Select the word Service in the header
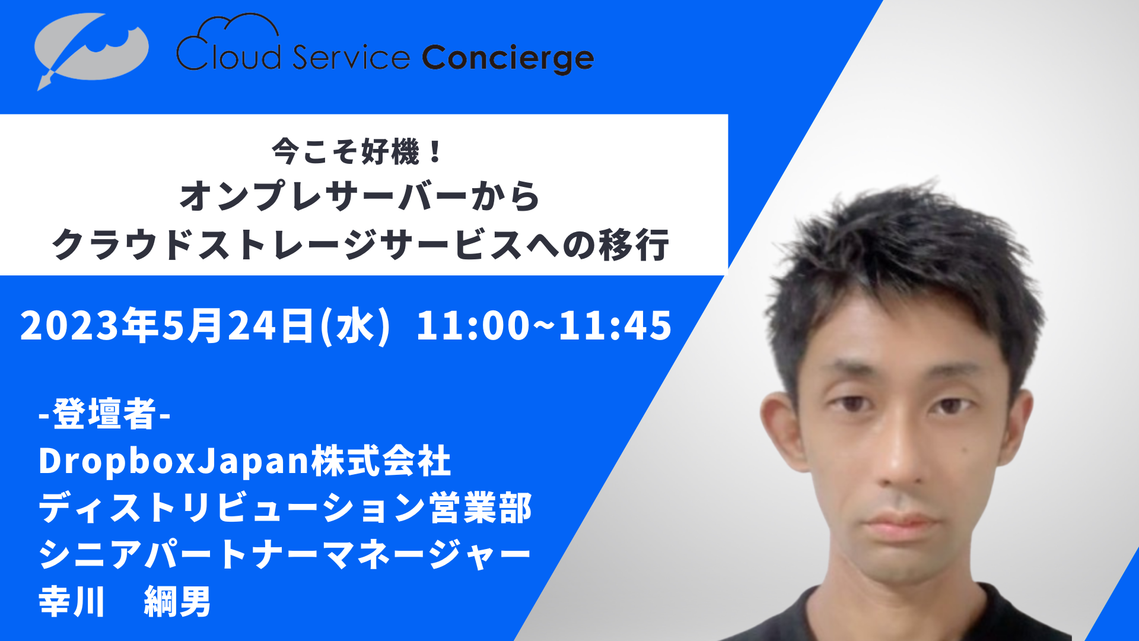point(351,57)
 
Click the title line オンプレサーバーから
point(360,196)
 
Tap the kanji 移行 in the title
point(634,245)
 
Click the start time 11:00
point(472,325)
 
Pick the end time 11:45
point(615,325)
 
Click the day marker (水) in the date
point(355,325)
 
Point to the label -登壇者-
point(104,414)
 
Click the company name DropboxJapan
point(174,461)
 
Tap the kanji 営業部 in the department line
point(481,508)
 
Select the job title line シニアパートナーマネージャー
point(285,555)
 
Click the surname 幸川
point(72,602)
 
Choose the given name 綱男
point(177,602)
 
